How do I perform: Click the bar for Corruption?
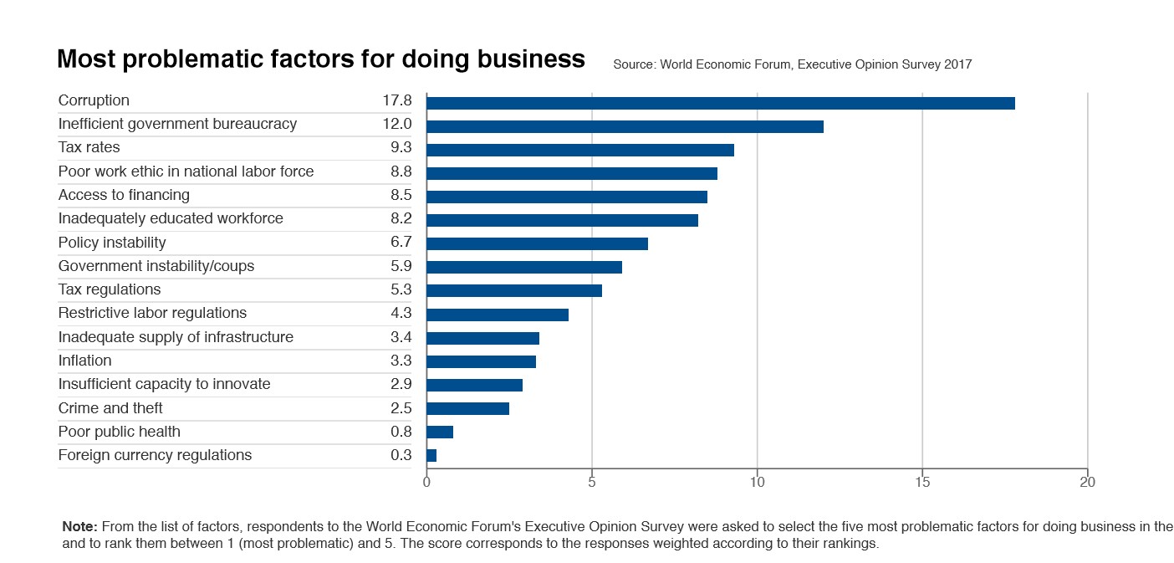tap(720, 103)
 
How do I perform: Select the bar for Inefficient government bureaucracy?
tap(625, 126)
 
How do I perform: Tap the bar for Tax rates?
tap(579, 150)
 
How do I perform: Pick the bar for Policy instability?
tap(537, 243)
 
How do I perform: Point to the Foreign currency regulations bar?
tap(431, 456)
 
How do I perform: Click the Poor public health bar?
tap(440, 432)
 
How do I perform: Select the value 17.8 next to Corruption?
tap(397, 100)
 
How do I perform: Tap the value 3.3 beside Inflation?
tap(401, 361)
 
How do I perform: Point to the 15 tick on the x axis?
tap(921, 483)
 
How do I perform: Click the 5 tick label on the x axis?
tap(592, 483)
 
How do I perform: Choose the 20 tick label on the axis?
tap(1087, 483)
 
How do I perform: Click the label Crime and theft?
tap(110, 408)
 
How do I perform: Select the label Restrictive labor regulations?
tap(152, 313)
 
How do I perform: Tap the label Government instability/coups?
tap(156, 266)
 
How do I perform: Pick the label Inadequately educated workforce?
tap(171, 218)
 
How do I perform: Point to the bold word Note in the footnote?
tap(80, 527)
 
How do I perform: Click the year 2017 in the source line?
tap(957, 64)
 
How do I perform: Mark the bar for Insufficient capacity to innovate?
tap(474, 385)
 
